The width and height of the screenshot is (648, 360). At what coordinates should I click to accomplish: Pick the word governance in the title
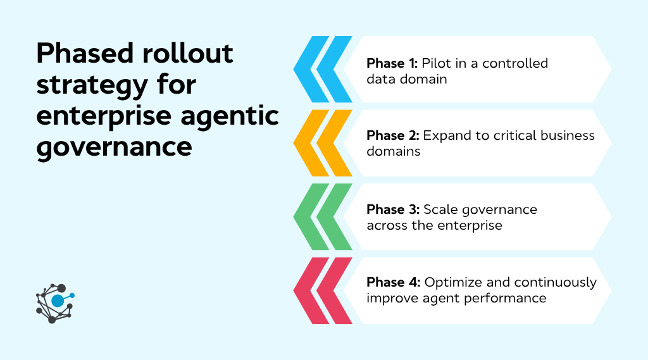[114, 147]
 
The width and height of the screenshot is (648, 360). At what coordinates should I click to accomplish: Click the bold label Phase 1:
[392, 63]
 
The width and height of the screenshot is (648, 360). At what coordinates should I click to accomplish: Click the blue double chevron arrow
[323, 70]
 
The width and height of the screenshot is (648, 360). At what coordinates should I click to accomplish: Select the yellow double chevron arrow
[323, 143]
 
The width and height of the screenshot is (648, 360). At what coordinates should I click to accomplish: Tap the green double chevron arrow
[323, 216]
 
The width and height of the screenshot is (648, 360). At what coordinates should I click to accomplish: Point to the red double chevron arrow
[323, 290]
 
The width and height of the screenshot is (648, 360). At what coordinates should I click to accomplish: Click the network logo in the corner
[55, 302]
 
